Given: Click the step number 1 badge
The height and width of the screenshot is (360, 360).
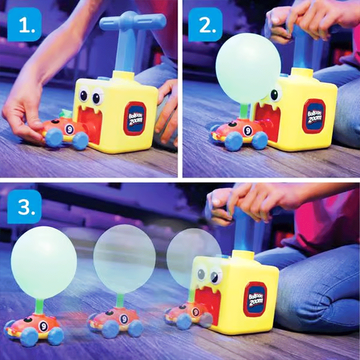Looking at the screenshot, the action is pyautogui.click(x=24, y=25).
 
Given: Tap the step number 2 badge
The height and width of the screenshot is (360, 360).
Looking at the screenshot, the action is pyautogui.click(x=205, y=25).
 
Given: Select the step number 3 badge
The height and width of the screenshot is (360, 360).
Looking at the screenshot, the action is pyautogui.click(x=24, y=206).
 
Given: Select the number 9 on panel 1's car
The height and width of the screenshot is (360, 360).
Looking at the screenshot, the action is pyautogui.click(x=69, y=129).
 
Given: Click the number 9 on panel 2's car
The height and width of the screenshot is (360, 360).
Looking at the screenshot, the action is pyautogui.click(x=248, y=131).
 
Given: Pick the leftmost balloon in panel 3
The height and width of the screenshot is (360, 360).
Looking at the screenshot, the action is pyautogui.click(x=44, y=262).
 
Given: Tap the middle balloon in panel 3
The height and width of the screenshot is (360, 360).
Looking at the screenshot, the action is pyautogui.click(x=124, y=259).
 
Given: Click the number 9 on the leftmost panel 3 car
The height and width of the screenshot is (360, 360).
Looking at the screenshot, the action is pyautogui.click(x=43, y=326).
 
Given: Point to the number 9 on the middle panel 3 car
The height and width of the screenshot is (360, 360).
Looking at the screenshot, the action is pyautogui.click(x=124, y=319).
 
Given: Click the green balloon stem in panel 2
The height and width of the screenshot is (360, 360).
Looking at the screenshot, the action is pyautogui.click(x=244, y=110).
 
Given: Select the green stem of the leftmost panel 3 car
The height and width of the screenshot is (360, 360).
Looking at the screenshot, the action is pyautogui.click(x=39, y=306).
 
